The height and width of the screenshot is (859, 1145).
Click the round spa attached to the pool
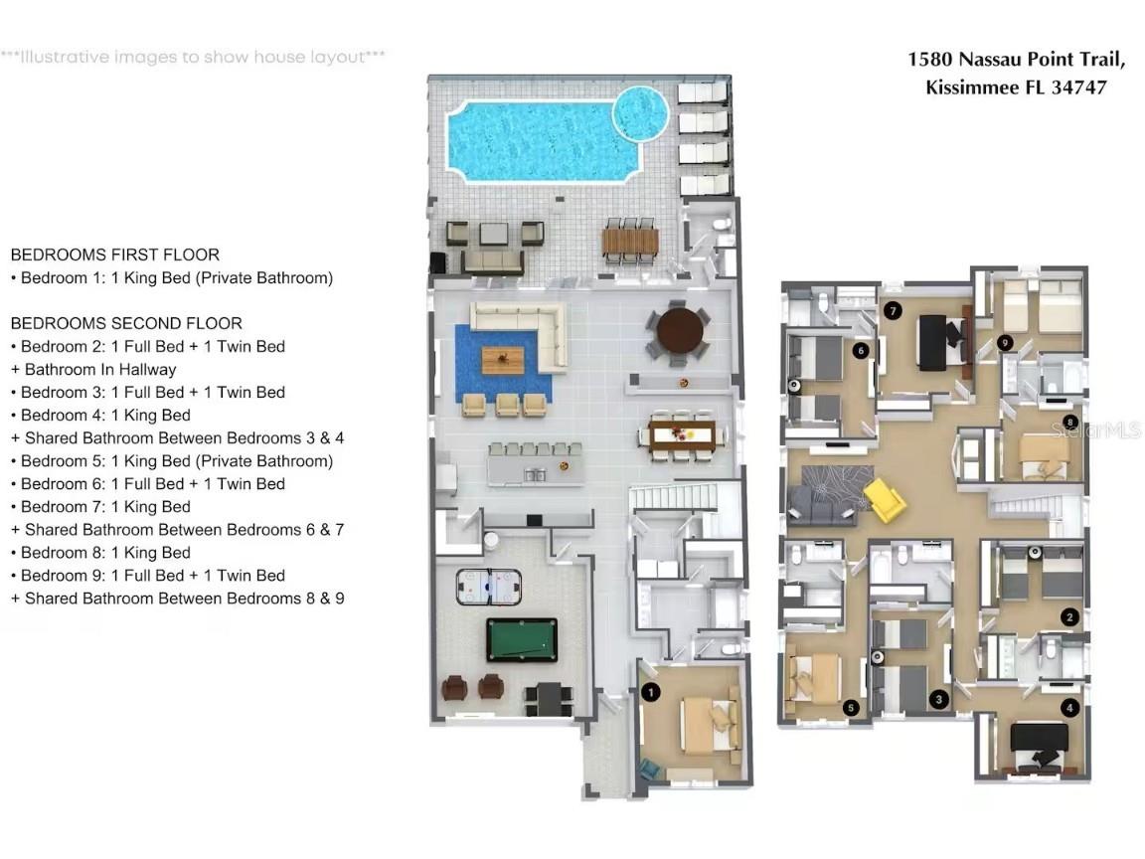pyautogui.click(x=638, y=111)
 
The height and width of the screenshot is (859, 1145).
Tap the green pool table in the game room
pyautogui.click(x=522, y=639)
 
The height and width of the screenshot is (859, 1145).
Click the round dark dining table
pyautogui.click(x=679, y=329)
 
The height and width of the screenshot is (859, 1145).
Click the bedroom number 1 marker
pyautogui.click(x=650, y=692)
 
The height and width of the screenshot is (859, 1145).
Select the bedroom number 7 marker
pyautogui.click(x=893, y=311)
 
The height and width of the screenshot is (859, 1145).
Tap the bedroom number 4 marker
pyautogui.click(x=1069, y=708)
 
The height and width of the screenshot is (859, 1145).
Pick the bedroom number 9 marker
pyautogui.click(x=1006, y=343)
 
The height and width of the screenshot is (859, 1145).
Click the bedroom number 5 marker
pyautogui.click(x=850, y=708)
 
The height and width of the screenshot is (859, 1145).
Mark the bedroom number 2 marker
pyautogui.click(x=1069, y=616)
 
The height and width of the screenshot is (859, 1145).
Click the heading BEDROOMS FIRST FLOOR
pyautogui.click(x=115, y=255)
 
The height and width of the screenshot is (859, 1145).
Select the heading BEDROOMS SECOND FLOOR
pyautogui.click(x=126, y=323)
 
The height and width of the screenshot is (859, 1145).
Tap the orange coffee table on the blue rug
pyautogui.click(x=502, y=360)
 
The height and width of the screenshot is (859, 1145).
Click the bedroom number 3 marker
pyautogui.click(x=939, y=699)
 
